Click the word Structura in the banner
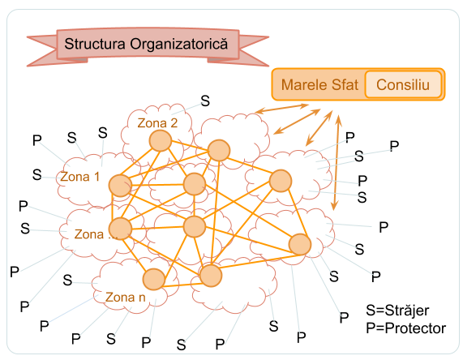[x=95, y=44]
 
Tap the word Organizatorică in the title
[x=179, y=44]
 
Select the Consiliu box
[x=403, y=84]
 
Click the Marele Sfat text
[x=319, y=85]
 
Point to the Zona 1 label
[x=80, y=177]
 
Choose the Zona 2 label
[x=157, y=123]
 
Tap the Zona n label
[x=126, y=297]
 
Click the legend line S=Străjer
[x=397, y=311]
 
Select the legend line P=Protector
[x=405, y=328]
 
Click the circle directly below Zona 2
[x=161, y=140]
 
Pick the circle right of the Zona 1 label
[x=120, y=186]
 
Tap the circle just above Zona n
[x=154, y=279]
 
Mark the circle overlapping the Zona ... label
[x=120, y=229]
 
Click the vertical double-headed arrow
[x=337, y=163]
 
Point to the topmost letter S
[x=205, y=101]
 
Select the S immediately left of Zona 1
[x=37, y=174]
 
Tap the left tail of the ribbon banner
[x=42, y=51]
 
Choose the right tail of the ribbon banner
[x=254, y=51]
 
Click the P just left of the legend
[x=344, y=318]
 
